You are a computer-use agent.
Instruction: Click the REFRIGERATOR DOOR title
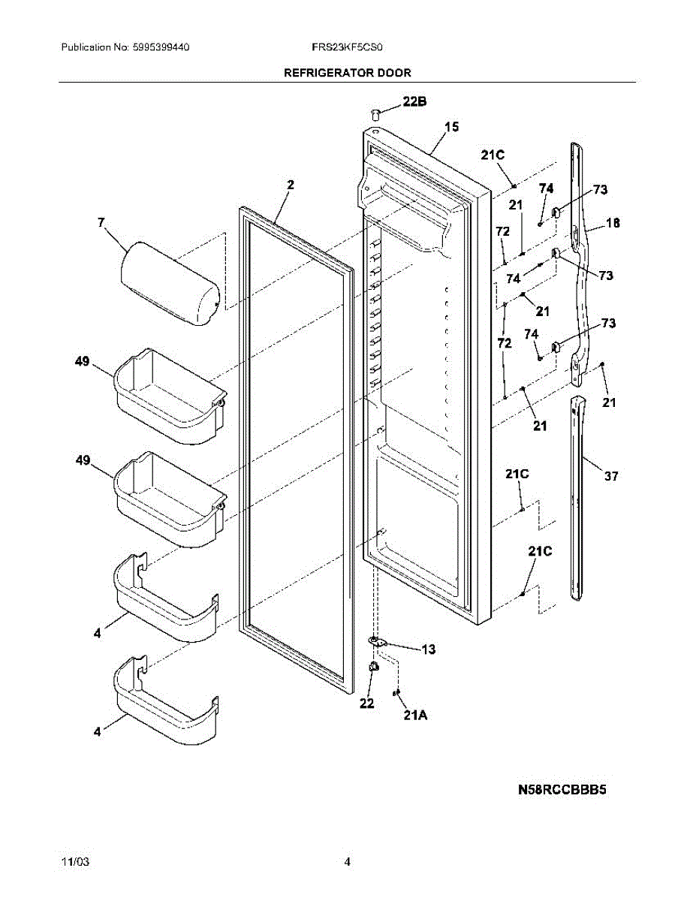tap(347, 73)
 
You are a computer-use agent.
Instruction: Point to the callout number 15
tap(450, 127)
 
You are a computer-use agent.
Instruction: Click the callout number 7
tap(102, 221)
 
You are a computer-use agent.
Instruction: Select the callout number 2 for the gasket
tap(291, 185)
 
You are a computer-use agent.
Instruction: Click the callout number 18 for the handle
tap(613, 222)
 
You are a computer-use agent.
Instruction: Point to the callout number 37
tap(611, 475)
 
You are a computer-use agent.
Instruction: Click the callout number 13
tap(428, 649)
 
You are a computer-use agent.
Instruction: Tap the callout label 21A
tap(415, 716)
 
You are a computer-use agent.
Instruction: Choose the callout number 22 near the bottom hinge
tap(366, 704)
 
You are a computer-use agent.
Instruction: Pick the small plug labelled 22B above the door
tap(375, 113)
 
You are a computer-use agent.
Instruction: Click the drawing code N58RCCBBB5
tap(561, 789)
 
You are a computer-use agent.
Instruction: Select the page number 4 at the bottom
tap(347, 862)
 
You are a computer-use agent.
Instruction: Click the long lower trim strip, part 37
tap(578, 496)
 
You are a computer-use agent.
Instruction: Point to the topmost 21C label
tap(493, 155)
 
